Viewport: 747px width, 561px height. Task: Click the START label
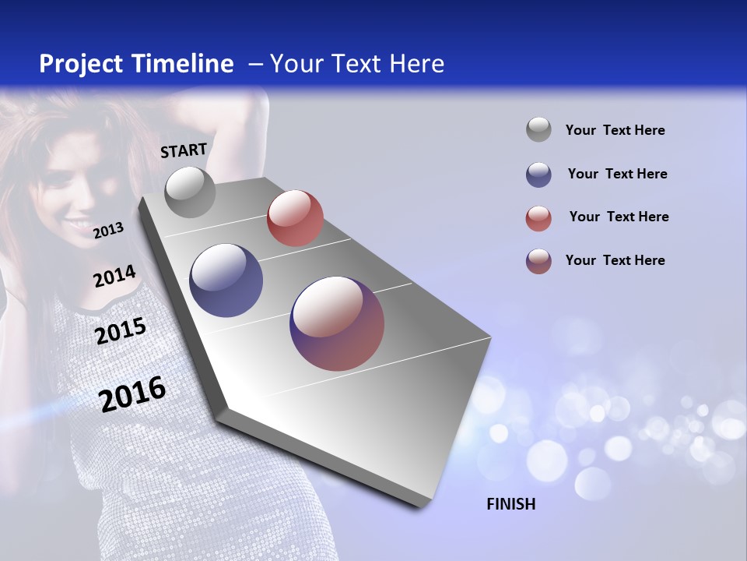pos(184,150)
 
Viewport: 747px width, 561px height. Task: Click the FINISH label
pos(511,504)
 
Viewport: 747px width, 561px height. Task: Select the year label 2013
pos(108,230)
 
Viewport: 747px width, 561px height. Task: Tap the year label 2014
pos(114,276)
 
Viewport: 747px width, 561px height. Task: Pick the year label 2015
pos(121,330)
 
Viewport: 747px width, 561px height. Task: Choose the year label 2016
pos(133,393)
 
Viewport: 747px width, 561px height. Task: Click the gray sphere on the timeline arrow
pos(191,192)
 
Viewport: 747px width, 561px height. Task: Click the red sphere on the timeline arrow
pos(295,217)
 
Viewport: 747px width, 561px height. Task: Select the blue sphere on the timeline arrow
pos(226,280)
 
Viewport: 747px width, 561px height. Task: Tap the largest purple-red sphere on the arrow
pos(337,323)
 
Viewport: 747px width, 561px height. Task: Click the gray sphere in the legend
pos(538,129)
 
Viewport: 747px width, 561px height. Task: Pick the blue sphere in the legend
pos(538,175)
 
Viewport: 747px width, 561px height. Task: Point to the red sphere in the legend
pos(538,218)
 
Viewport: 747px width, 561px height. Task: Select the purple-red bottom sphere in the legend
pos(538,261)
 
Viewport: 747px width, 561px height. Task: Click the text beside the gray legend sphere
pos(615,130)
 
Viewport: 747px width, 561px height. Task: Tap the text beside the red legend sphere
pos(619,217)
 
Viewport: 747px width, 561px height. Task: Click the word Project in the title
pos(81,64)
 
